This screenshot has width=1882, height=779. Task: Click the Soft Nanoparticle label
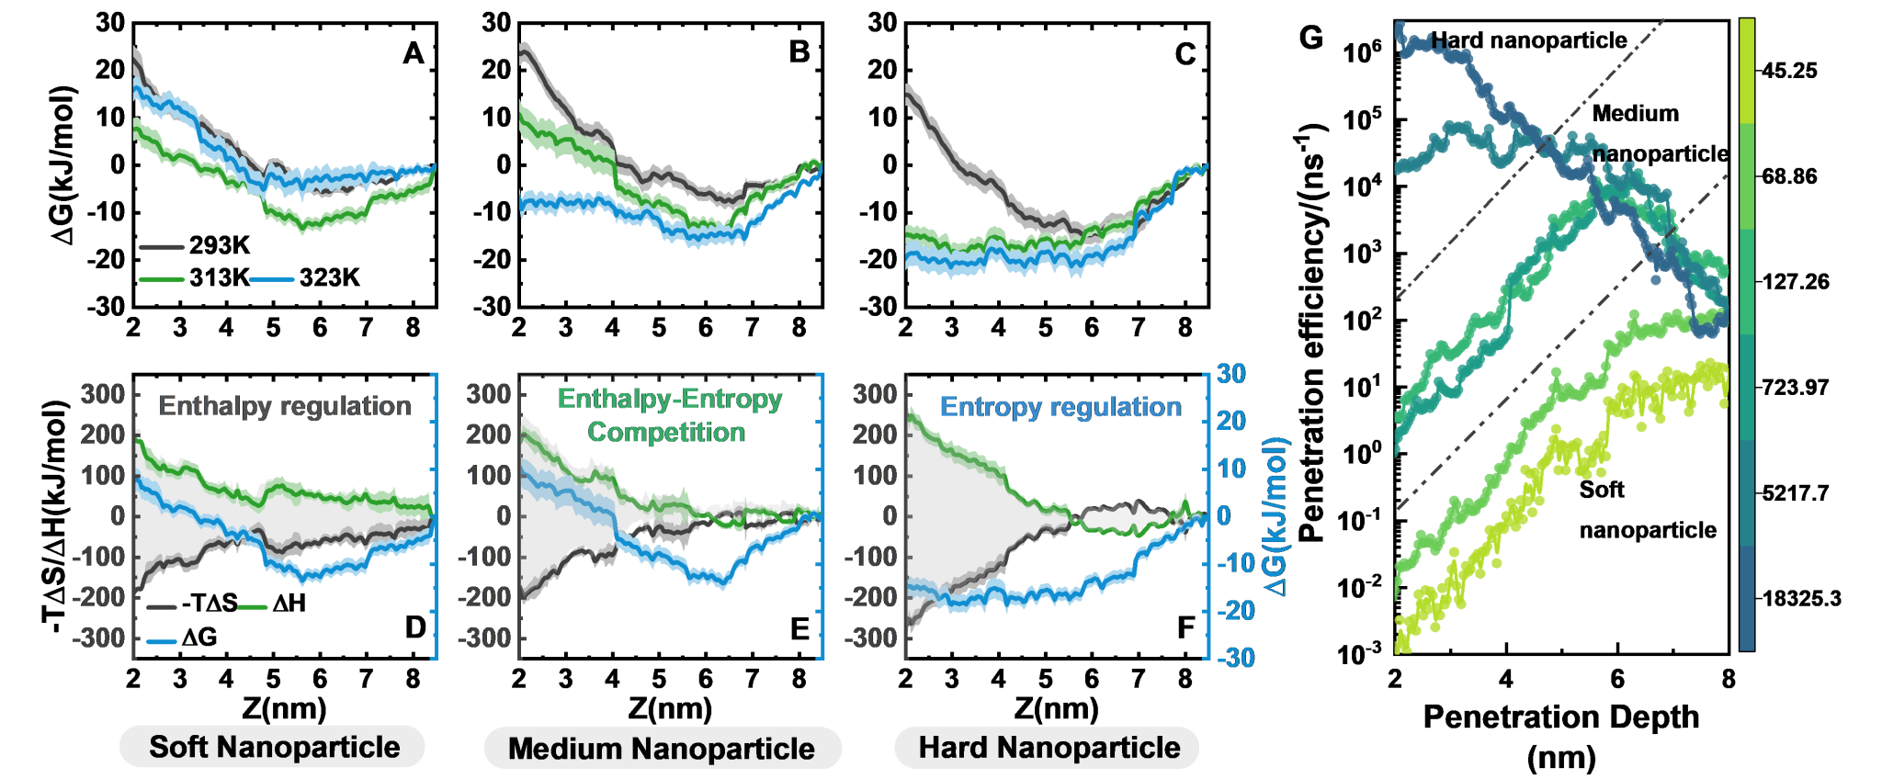[x=273, y=748]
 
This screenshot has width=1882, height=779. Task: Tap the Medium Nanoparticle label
[x=662, y=749]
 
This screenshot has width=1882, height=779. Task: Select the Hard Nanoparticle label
[x=1049, y=748]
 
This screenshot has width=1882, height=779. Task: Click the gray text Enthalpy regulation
[x=285, y=406]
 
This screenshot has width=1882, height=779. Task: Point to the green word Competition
[x=666, y=432]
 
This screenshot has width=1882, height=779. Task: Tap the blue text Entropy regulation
[x=1060, y=407]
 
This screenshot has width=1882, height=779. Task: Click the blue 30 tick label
[x=1231, y=374]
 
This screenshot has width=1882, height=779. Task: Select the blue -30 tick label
[x=1236, y=658]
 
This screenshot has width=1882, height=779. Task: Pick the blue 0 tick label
[x=1223, y=516]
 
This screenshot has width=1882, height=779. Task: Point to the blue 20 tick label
[x=1231, y=422]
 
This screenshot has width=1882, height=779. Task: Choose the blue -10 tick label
[x=1236, y=563]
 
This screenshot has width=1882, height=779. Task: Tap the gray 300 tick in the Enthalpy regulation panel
[x=103, y=394]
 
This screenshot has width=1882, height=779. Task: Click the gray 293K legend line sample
[x=162, y=247]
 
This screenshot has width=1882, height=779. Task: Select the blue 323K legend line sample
[x=272, y=278]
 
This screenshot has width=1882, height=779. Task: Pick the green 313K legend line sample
[x=162, y=278]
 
